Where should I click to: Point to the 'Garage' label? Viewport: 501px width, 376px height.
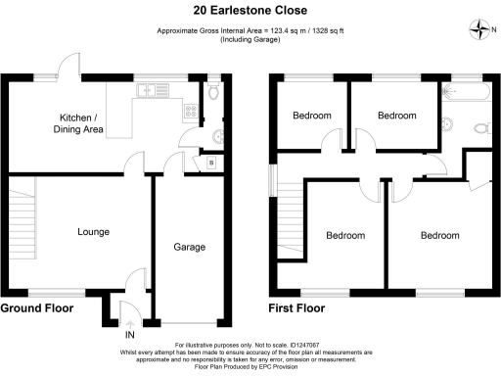click(x=189, y=247)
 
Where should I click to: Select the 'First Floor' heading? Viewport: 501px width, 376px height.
click(x=296, y=308)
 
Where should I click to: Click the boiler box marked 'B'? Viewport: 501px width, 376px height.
click(x=212, y=162)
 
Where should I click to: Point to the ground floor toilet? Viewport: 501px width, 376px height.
click(x=213, y=95)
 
